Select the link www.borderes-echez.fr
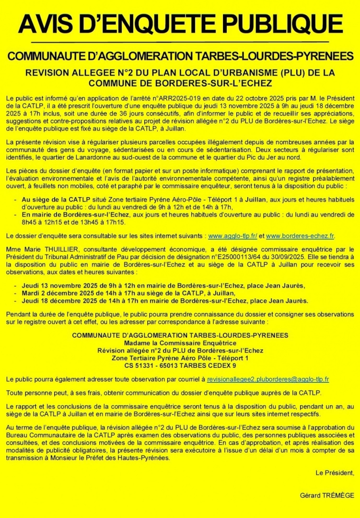coord(300,236)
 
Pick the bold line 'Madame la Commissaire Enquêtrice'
coord(180,343)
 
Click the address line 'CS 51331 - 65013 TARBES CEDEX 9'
coord(180,365)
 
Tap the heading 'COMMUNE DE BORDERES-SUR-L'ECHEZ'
coord(180,83)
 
